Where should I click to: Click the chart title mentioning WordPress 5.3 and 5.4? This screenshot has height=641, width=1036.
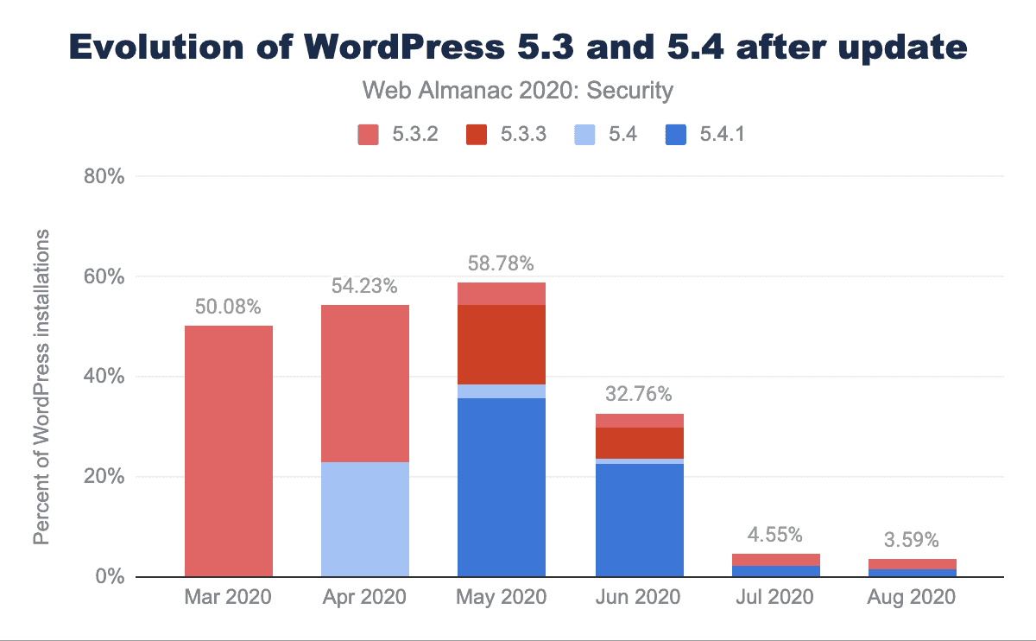click(518, 48)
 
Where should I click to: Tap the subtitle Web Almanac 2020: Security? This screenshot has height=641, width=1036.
click(517, 89)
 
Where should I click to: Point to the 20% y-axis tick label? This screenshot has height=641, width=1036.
click(106, 477)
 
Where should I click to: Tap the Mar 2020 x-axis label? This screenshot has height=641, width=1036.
click(229, 597)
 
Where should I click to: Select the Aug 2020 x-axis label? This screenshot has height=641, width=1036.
click(912, 597)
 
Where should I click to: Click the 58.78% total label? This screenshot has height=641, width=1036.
click(502, 260)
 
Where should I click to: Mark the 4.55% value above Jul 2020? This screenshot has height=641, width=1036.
click(775, 533)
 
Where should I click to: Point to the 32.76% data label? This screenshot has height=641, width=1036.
click(639, 394)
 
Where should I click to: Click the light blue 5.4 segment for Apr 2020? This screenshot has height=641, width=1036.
click(365, 518)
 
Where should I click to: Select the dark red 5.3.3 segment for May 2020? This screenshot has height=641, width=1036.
click(502, 344)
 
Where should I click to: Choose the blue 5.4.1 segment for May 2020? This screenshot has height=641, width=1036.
click(502, 487)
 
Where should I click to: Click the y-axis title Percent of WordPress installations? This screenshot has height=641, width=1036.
click(41, 388)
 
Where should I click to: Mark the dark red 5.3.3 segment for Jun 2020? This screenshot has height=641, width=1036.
click(639, 442)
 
